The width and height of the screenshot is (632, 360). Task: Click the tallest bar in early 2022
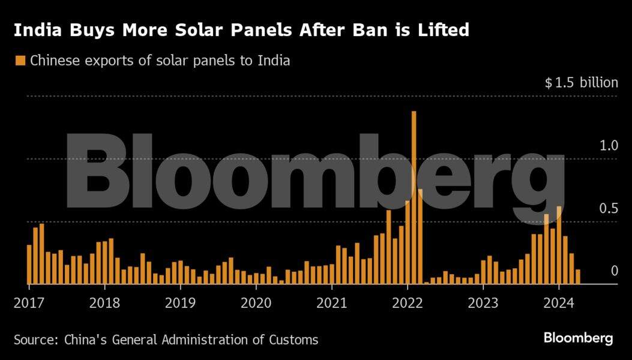414,198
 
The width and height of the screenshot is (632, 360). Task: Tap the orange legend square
20,60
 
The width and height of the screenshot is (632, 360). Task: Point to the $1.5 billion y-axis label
581,82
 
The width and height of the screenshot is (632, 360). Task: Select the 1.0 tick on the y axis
609,145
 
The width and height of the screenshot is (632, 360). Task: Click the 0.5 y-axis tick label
609,208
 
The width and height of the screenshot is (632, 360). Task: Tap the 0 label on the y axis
614,271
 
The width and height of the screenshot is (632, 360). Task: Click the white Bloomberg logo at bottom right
578,338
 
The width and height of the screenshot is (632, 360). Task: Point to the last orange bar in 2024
577,277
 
